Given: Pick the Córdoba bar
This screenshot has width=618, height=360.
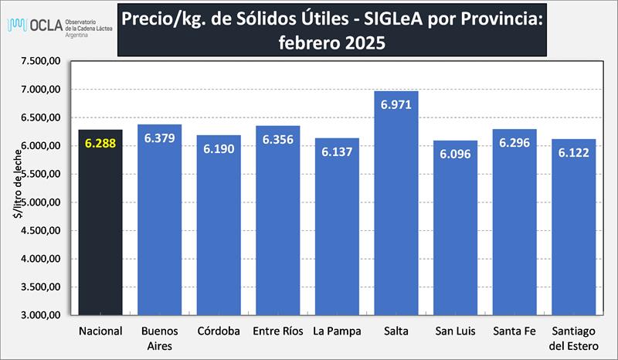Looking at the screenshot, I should (219, 232).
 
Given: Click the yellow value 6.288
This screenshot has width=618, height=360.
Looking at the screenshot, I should (100, 143).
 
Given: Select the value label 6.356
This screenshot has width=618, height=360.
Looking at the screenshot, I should (278, 140).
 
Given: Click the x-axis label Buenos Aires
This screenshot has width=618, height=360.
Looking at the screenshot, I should (159, 338).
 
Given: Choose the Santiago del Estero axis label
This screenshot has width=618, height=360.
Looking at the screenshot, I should (574, 338).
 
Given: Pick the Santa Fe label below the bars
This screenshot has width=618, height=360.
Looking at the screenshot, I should (514, 331).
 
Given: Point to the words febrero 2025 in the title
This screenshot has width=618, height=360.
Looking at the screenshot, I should (331, 44).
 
